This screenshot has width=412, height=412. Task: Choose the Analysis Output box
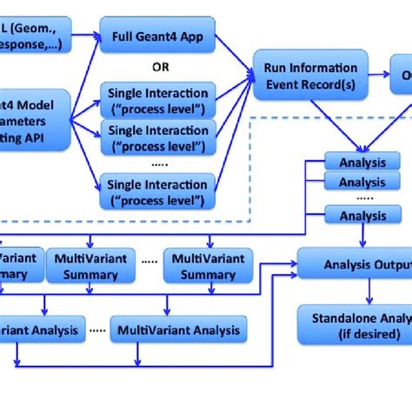coord(355,258)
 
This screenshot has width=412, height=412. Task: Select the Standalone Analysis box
coord(355,321)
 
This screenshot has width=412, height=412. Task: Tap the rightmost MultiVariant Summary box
coord(208,266)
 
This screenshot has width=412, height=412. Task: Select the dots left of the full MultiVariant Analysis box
coord(98,330)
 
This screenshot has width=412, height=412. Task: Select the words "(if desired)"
coord(361,334)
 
